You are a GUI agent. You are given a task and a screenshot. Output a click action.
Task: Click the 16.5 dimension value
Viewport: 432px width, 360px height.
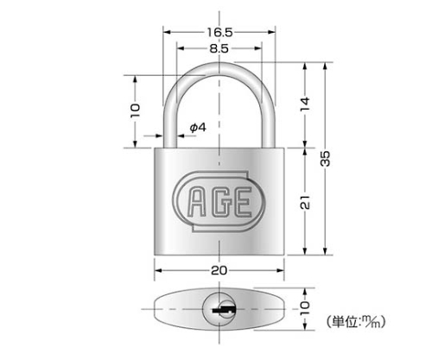219,33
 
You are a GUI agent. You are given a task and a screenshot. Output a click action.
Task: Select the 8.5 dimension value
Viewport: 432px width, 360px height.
219,48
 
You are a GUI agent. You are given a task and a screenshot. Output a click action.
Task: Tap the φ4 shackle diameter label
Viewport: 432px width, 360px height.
198,127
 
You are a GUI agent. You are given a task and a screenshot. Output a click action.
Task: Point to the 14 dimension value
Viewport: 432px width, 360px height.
305,104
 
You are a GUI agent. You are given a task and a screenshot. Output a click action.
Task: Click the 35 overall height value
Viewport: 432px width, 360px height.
325,159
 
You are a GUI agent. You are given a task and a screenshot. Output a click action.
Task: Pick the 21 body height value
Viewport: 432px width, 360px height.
305,202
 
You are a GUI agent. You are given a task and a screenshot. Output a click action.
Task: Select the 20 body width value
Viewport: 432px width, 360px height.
219,270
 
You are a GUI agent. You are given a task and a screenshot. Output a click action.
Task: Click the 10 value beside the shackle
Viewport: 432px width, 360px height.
135,111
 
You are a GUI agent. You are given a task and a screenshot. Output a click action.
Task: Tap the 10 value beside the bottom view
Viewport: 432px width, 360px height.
305,308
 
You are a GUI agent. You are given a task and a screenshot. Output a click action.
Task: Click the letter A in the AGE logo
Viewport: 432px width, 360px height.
197,201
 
